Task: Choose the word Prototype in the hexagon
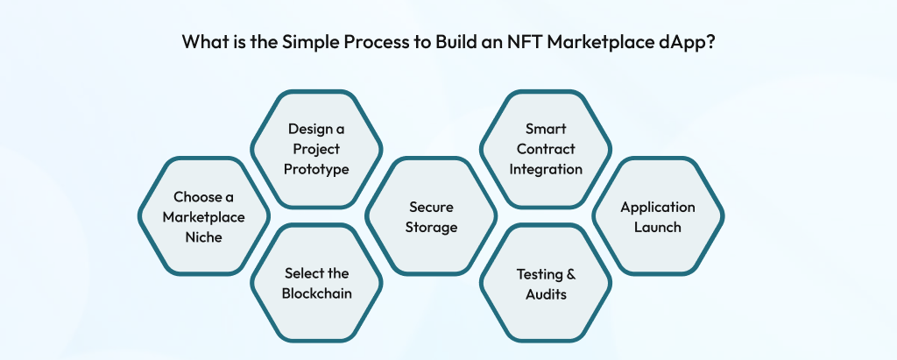[x=316, y=168]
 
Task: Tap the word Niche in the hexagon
[x=203, y=236]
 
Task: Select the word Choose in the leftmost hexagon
[x=197, y=197]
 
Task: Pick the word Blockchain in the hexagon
[x=316, y=293]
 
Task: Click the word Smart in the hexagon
[x=546, y=129]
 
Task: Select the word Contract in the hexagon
[x=546, y=149]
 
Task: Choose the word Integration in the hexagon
[x=546, y=168]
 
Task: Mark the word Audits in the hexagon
[x=546, y=294]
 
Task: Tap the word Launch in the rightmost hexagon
[x=658, y=228]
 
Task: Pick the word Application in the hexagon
[x=658, y=208]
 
